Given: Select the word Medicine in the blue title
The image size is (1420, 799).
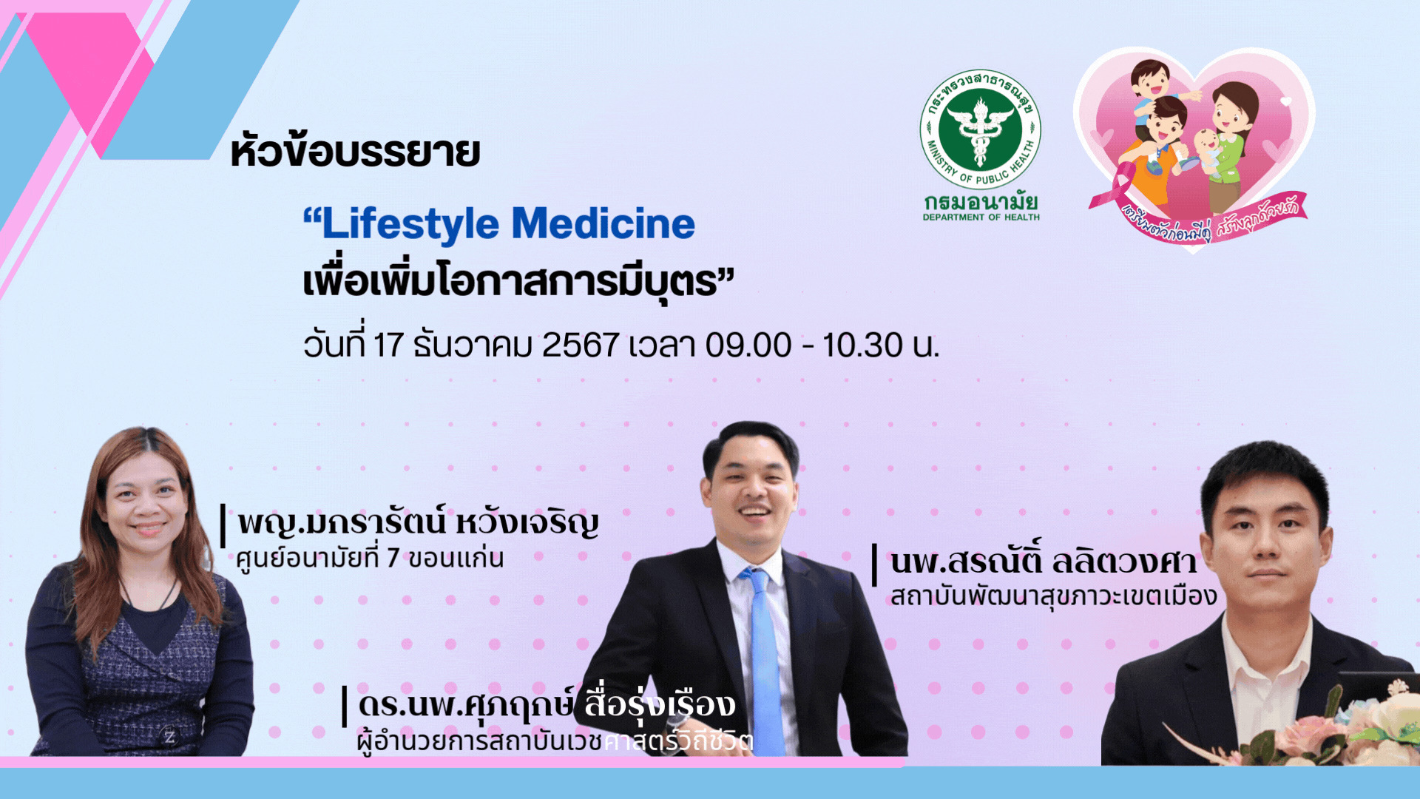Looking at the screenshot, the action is [x=603, y=223].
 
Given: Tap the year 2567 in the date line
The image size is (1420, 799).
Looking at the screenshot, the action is [x=581, y=345].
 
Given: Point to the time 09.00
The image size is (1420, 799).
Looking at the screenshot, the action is [x=748, y=345].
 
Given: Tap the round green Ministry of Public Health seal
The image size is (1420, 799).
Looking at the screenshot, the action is [x=980, y=130].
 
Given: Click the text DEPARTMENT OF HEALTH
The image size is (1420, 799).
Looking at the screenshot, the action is [x=981, y=218].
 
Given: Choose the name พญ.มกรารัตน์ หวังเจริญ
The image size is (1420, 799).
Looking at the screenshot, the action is [x=418, y=523].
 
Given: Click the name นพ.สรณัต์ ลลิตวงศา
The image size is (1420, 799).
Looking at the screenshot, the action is [x=1043, y=562].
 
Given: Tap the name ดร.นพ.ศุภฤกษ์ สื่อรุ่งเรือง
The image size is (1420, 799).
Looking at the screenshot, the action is [x=547, y=704].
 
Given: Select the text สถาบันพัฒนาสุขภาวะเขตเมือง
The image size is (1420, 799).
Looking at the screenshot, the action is [x=1053, y=596].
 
